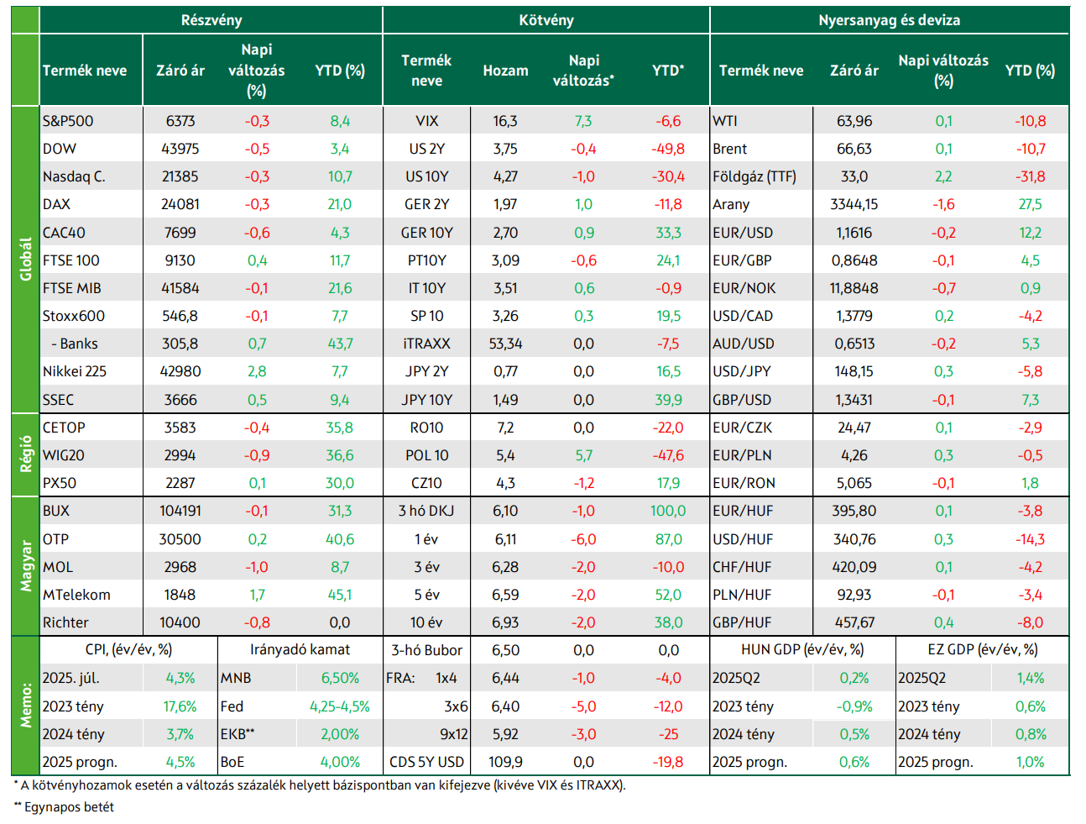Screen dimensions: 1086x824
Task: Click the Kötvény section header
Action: click(546, 20)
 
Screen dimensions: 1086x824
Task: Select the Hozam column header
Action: click(505, 71)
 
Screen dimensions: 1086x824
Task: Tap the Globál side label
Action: click(25, 259)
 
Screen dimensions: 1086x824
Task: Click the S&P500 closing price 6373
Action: click(180, 121)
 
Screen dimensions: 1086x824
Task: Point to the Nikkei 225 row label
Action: click(75, 371)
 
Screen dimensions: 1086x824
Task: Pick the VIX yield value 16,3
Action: click(505, 121)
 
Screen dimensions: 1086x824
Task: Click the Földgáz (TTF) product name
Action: click(754, 176)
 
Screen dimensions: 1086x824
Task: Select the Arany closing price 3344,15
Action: click(854, 204)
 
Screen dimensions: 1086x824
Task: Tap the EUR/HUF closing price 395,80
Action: click(854, 511)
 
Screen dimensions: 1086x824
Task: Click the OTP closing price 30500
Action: click(180, 538)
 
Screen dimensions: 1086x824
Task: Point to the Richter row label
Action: click(65, 622)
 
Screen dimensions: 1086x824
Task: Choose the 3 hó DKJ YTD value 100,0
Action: click(668, 511)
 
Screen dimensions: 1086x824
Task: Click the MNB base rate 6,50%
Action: click(340, 678)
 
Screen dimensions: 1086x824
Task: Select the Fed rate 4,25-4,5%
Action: click(340, 706)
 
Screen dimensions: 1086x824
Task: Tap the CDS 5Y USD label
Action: click(426, 762)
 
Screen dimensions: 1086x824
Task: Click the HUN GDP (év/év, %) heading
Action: click(802, 650)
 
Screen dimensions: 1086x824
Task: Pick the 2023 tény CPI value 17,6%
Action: click(180, 706)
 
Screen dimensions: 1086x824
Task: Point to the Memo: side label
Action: click(25, 706)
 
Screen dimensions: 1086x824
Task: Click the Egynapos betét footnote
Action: click(65, 807)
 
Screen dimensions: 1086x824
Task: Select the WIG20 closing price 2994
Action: click(180, 455)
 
